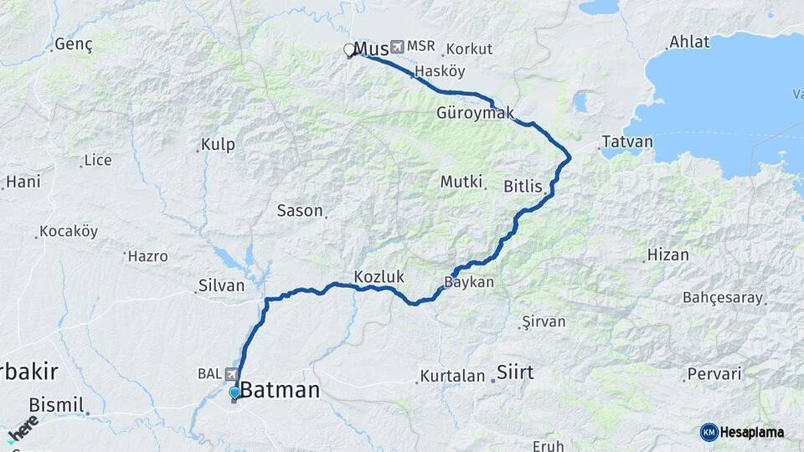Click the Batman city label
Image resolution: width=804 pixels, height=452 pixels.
point(281,390)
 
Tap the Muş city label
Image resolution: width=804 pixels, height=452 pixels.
point(372,48)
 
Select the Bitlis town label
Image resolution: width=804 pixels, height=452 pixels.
point(523,186)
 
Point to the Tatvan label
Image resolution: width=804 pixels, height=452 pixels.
point(627,141)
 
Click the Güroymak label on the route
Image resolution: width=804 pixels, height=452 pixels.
point(475,112)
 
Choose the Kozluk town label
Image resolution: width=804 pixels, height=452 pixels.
point(379,275)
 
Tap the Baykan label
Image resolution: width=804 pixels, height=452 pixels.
point(469,283)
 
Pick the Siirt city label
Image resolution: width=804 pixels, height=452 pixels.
point(515,372)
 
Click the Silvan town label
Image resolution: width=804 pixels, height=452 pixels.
point(221,285)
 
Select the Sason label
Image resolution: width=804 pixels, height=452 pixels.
point(300,211)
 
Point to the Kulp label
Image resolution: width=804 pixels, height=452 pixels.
point(218,145)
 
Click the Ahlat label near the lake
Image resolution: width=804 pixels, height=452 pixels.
point(689,42)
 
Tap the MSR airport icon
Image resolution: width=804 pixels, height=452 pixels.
point(397,46)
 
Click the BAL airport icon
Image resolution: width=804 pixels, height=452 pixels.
point(229,374)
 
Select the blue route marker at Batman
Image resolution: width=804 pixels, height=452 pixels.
point(234,392)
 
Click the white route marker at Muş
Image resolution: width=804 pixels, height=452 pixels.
point(349,50)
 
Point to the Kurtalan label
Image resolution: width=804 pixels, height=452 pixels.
point(452,376)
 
